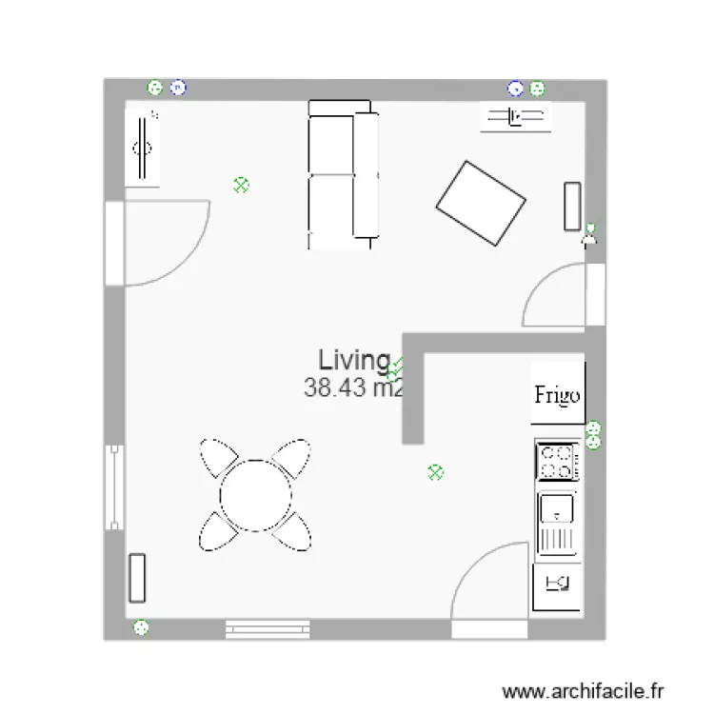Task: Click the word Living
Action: (x=354, y=361)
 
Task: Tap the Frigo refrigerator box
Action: (x=557, y=394)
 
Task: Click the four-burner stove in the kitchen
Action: (x=557, y=462)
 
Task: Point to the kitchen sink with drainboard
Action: (x=557, y=524)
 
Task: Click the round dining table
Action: (x=255, y=494)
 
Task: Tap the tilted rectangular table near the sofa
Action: (x=481, y=204)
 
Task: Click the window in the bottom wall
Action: (x=268, y=629)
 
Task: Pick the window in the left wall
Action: (x=114, y=487)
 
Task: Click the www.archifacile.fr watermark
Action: (x=584, y=692)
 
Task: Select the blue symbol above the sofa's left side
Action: (x=177, y=89)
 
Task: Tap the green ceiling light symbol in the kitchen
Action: (x=436, y=471)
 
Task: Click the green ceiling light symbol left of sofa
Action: (x=241, y=186)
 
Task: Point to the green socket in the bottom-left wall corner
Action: (x=142, y=626)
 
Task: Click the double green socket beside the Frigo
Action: (x=593, y=435)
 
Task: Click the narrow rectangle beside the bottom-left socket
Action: (x=137, y=577)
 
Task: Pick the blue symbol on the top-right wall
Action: (x=516, y=89)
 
